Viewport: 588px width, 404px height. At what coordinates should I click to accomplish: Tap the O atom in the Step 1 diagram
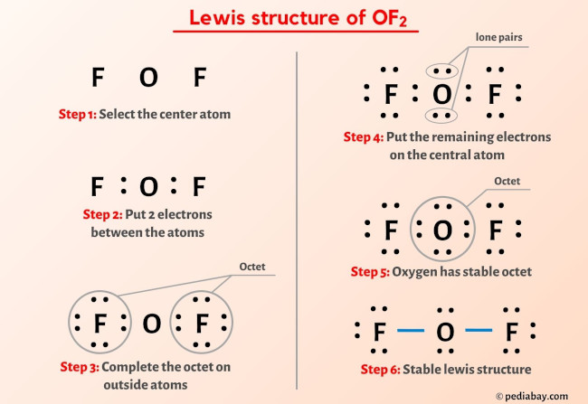pos(148,78)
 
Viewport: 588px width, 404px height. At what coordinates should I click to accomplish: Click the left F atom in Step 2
pos(96,187)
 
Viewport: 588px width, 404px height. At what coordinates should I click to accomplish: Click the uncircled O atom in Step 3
pos(151,323)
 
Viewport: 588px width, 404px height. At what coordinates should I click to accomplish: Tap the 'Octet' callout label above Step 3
pos(251,268)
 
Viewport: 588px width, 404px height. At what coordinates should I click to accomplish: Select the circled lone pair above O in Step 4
pos(441,70)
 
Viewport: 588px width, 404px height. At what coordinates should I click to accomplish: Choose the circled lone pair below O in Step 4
pos(441,115)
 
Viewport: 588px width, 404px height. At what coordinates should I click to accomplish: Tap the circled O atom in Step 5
pos(441,231)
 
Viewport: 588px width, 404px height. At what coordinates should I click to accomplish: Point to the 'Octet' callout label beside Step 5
pos(507,182)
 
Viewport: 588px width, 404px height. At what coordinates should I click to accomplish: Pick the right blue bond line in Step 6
pos(479,331)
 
